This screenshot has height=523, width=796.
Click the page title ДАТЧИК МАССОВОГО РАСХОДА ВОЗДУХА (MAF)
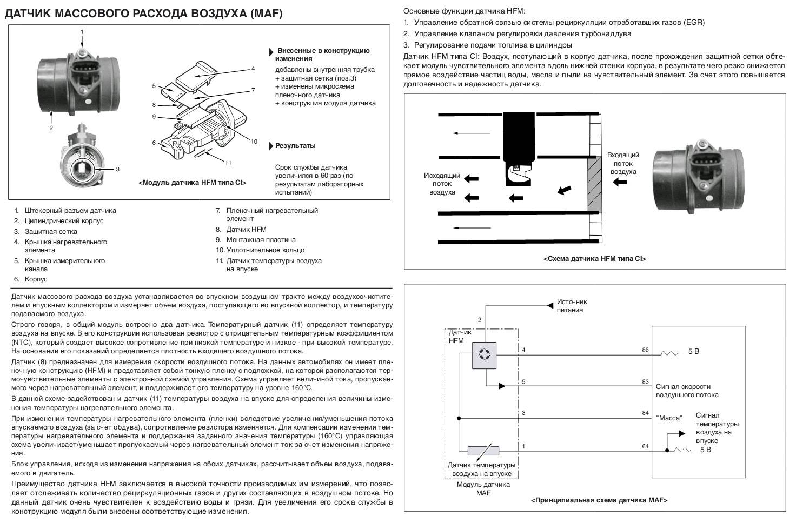click(143, 14)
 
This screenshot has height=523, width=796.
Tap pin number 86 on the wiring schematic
click(645, 350)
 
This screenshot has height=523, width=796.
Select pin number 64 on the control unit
click(645, 446)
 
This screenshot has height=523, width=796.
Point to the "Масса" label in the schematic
click(669, 418)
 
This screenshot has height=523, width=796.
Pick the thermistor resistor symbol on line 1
click(483, 450)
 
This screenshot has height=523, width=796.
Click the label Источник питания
click(572, 306)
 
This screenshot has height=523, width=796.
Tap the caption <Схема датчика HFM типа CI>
click(594, 259)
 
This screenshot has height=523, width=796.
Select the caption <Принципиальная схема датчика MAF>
click(599, 500)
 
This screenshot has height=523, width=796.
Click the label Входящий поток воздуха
click(623, 163)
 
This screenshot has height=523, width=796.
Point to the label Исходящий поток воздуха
click(442, 184)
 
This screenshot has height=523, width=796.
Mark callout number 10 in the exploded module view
click(254, 142)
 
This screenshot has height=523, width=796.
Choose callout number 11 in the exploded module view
click(228, 163)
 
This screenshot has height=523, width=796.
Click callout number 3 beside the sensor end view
click(117, 169)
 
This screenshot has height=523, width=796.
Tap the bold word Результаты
click(295, 146)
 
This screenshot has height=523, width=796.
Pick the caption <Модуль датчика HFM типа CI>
click(192, 183)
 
